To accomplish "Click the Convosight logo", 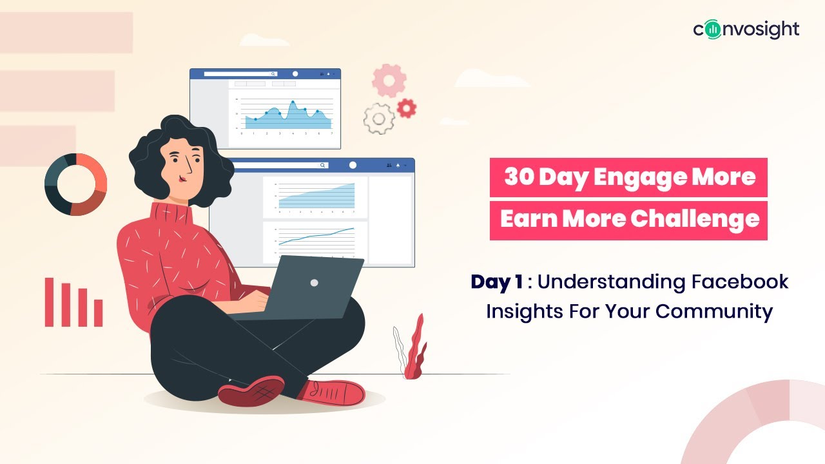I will coord(746,30).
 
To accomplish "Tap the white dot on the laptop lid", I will coord(314,282).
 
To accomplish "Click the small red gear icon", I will coord(406,108).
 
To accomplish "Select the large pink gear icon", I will coord(389,80).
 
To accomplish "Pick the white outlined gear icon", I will coord(379,119).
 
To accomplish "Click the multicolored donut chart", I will coord(75,184).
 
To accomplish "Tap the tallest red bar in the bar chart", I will coord(50,302).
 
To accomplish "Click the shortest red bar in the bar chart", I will coord(98,313).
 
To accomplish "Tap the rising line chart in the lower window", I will coord(316,237).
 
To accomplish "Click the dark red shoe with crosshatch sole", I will coord(251,390).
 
